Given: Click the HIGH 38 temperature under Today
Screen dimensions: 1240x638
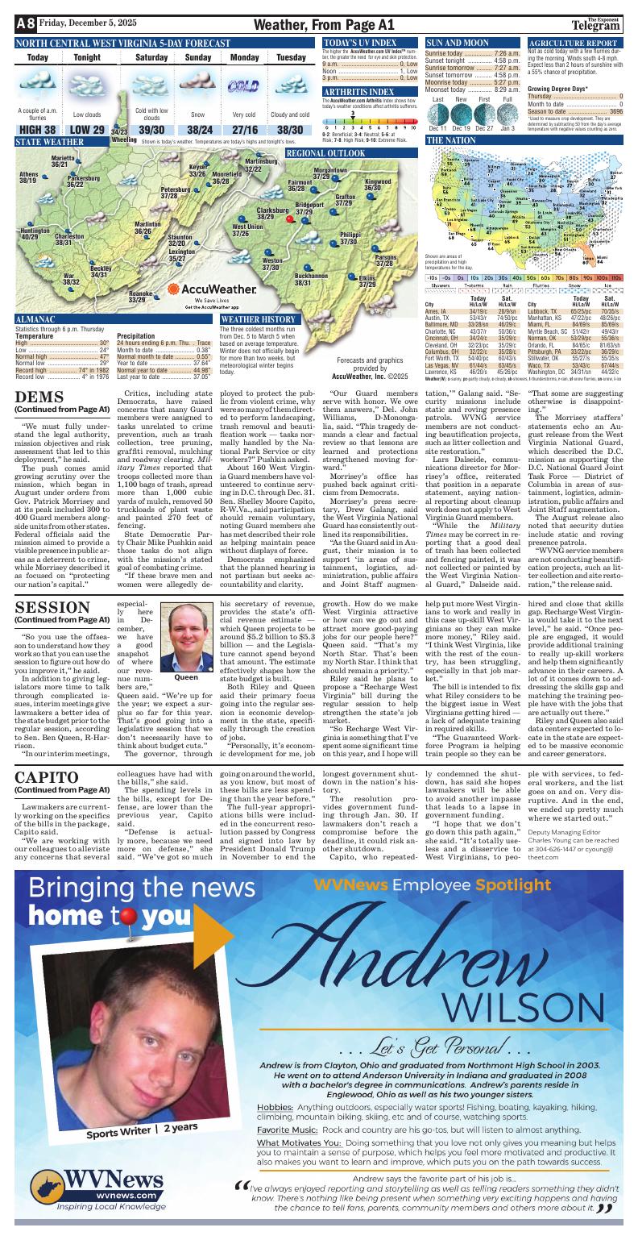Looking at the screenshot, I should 37,131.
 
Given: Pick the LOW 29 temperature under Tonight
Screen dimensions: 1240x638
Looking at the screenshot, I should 87,131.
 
